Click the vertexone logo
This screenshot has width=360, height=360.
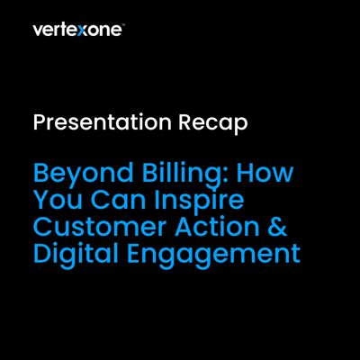pyautogui.click(x=78, y=30)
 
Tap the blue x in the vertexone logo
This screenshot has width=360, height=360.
pyautogui.click(x=81, y=31)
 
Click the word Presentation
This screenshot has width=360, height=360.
pyautogui.click(x=103, y=123)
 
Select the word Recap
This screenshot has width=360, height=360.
pyautogui.click(x=213, y=123)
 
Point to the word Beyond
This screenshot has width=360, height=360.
pyautogui.click(x=84, y=174)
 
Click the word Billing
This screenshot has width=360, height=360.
pyautogui.click(x=181, y=174)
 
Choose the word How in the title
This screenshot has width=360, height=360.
pyautogui.click(x=265, y=173)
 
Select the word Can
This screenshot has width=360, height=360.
pyautogui.click(x=118, y=200)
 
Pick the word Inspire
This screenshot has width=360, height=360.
pyautogui.click(x=199, y=202)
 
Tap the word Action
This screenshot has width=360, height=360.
pyautogui.click(x=217, y=227)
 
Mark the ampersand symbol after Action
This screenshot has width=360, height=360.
pyautogui.click(x=277, y=227)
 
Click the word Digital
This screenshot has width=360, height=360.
pyautogui.click(x=76, y=256)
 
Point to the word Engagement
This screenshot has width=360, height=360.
pyautogui.click(x=213, y=256)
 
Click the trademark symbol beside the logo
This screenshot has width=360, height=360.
pyautogui.click(x=123, y=26)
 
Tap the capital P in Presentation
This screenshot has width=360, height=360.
pyautogui.click(x=40, y=122)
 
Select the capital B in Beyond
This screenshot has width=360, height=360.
pyautogui.click(x=41, y=173)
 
